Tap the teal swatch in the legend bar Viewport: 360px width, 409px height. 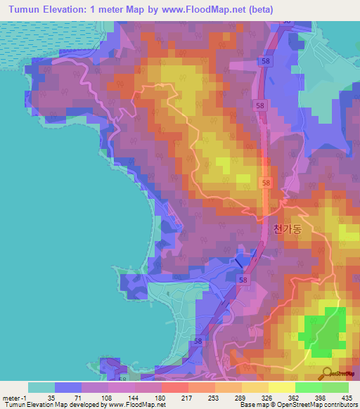coord(41,387)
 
